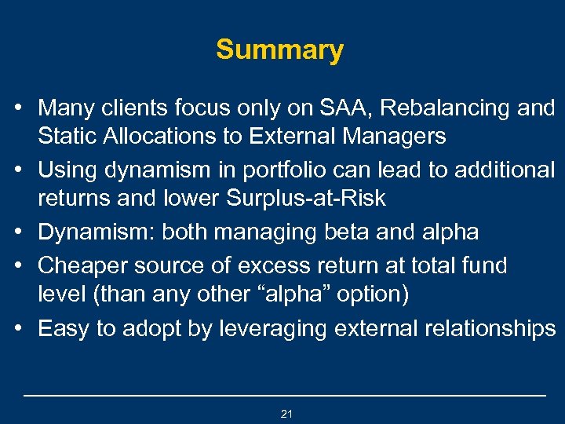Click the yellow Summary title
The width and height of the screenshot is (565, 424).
click(280, 50)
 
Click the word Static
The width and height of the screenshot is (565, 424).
click(67, 136)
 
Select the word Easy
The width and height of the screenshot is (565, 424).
click(63, 327)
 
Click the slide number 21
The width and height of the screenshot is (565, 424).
click(286, 414)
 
